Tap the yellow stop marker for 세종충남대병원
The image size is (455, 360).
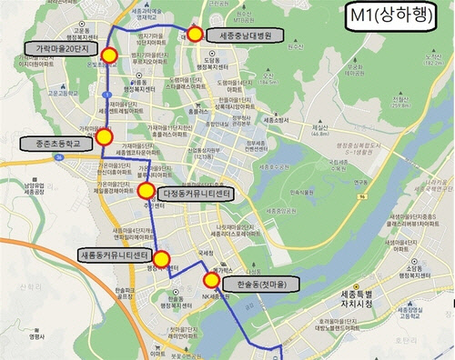[x=195, y=35]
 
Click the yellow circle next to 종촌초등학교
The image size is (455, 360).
[x=104, y=137]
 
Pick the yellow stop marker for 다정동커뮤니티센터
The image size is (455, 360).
[x=146, y=190]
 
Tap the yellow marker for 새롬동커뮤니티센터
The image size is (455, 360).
[x=162, y=259]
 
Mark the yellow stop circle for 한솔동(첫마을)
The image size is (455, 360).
[x=211, y=280]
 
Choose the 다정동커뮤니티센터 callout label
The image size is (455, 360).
[x=197, y=195]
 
